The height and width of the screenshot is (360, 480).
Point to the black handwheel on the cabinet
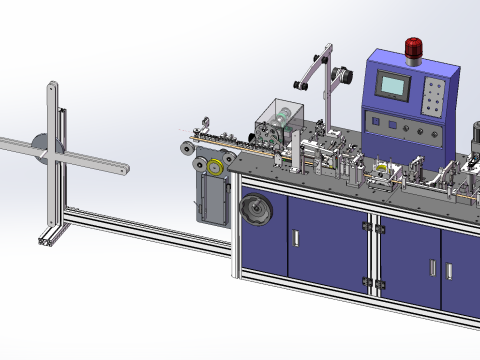click(253, 212)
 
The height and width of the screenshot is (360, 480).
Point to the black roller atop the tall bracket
click(340, 73)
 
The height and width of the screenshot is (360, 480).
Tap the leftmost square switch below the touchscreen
click(374, 122)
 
